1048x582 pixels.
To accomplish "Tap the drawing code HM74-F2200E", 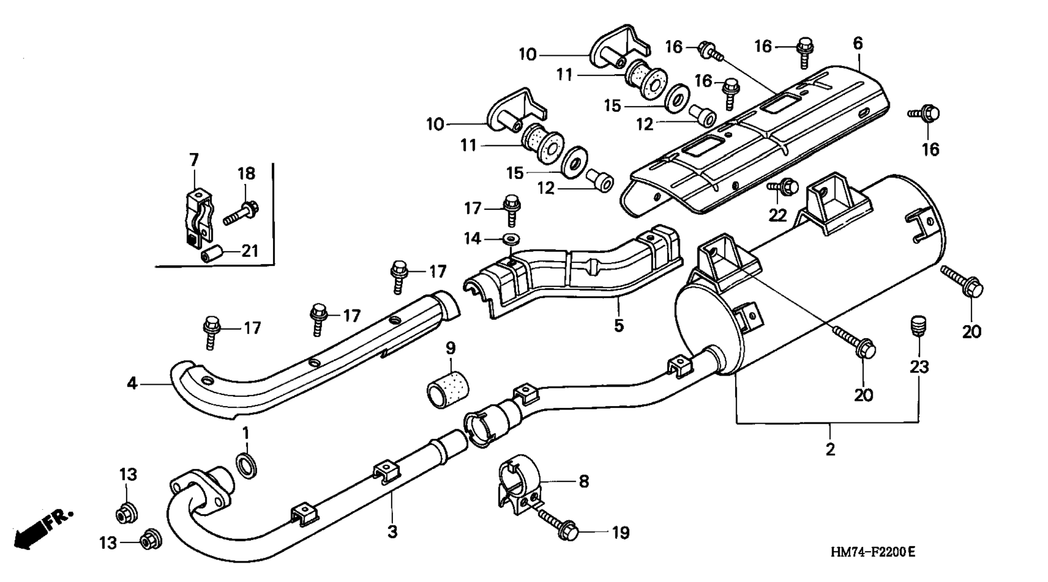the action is point(873,552).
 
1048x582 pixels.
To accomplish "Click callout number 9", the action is point(451,348).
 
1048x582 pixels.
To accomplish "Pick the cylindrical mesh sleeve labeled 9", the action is point(451,387).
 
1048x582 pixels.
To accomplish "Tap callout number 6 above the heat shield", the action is point(858,44).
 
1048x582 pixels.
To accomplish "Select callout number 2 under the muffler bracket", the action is point(830,450).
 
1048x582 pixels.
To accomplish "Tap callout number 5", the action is point(618,325).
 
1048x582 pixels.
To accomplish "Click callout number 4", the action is point(132,384).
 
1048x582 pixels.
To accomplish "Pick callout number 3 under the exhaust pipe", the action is point(392,532).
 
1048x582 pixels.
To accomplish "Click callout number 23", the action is point(918,367).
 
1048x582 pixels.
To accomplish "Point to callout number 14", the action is point(473,239).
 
